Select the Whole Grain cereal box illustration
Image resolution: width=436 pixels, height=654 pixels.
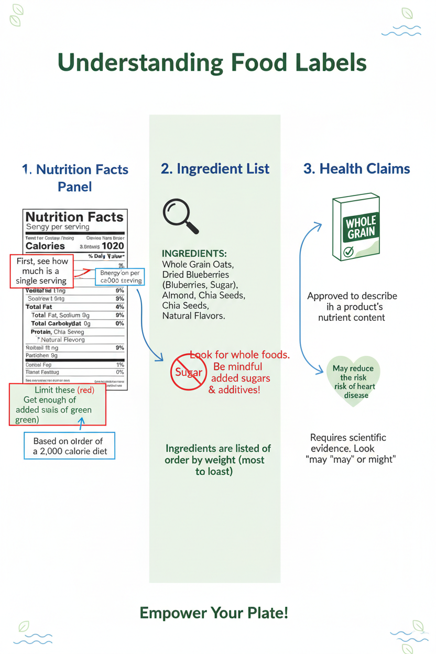[x=356, y=228]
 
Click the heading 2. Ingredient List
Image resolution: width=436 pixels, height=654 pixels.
[x=215, y=169]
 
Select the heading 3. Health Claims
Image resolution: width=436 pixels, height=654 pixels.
[x=356, y=169]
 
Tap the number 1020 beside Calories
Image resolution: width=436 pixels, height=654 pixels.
[x=113, y=246]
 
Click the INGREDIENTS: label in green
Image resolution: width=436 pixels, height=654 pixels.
[x=194, y=254]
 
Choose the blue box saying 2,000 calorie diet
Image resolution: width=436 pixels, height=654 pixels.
[x=69, y=446]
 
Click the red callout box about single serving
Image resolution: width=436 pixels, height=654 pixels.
[x=42, y=271]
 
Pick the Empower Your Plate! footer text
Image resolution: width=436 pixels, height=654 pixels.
[x=214, y=613]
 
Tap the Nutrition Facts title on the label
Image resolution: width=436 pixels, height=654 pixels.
[x=74, y=217]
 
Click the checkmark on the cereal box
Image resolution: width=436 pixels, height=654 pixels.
[x=348, y=253]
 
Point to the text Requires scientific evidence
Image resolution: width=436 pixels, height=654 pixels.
[x=348, y=442]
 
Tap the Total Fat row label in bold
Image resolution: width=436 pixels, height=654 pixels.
[x=40, y=307]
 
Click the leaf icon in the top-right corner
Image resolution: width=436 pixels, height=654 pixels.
[x=407, y=13]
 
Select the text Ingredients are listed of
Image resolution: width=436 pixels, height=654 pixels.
[x=218, y=449]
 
